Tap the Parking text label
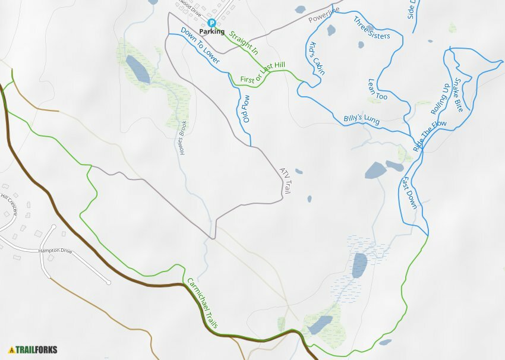pyautogui.click(x=212, y=31)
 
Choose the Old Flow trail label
pyautogui.click(x=246, y=109)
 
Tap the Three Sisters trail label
pyautogui.click(x=372, y=28)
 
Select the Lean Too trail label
pyautogui.click(x=378, y=89)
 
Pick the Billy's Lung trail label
pyautogui.click(x=361, y=119)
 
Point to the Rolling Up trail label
pyautogui.click(x=439, y=99)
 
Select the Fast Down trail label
pyautogui.click(x=409, y=192)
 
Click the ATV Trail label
pyautogui.click(x=286, y=181)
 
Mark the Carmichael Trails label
pyautogui.click(x=203, y=304)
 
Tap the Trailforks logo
pyautogui.click(x=33, y=349)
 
